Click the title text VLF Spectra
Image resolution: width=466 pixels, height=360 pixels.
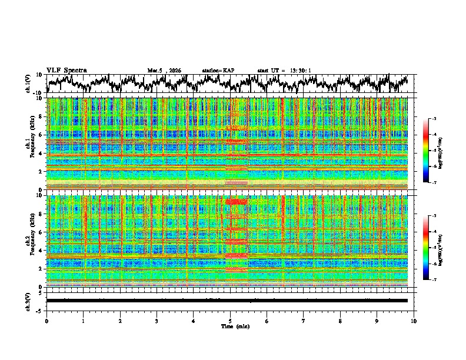[x=66, y=71]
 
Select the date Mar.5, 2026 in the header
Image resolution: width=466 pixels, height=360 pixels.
[x=165, y=71]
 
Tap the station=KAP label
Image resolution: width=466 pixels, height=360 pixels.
[x=218, y=71]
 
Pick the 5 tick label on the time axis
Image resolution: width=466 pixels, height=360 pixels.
[x=231, y=320]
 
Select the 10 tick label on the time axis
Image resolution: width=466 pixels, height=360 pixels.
[x=414, y=320]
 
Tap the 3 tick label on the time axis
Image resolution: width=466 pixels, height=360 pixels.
[x=157, y=320]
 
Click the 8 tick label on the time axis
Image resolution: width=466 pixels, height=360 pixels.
[x=341, y=320]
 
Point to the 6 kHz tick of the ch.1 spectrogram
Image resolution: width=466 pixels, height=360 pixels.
[x=41, y=135]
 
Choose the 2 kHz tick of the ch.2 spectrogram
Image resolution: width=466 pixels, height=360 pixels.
[x=41, y=268]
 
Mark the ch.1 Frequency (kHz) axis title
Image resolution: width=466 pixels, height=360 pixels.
[x=31, y=144]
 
